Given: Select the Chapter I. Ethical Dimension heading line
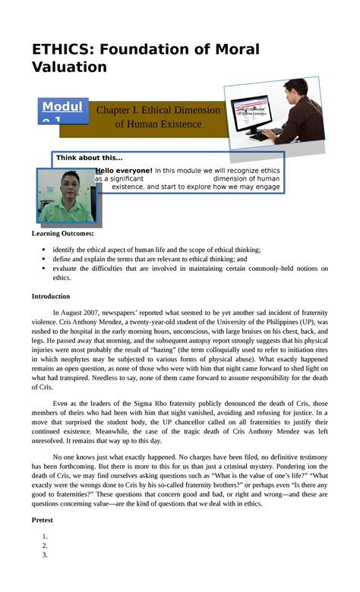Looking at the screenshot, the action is point(158,111).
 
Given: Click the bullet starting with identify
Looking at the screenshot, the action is point(152,250).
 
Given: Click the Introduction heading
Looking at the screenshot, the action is point(51,296).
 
